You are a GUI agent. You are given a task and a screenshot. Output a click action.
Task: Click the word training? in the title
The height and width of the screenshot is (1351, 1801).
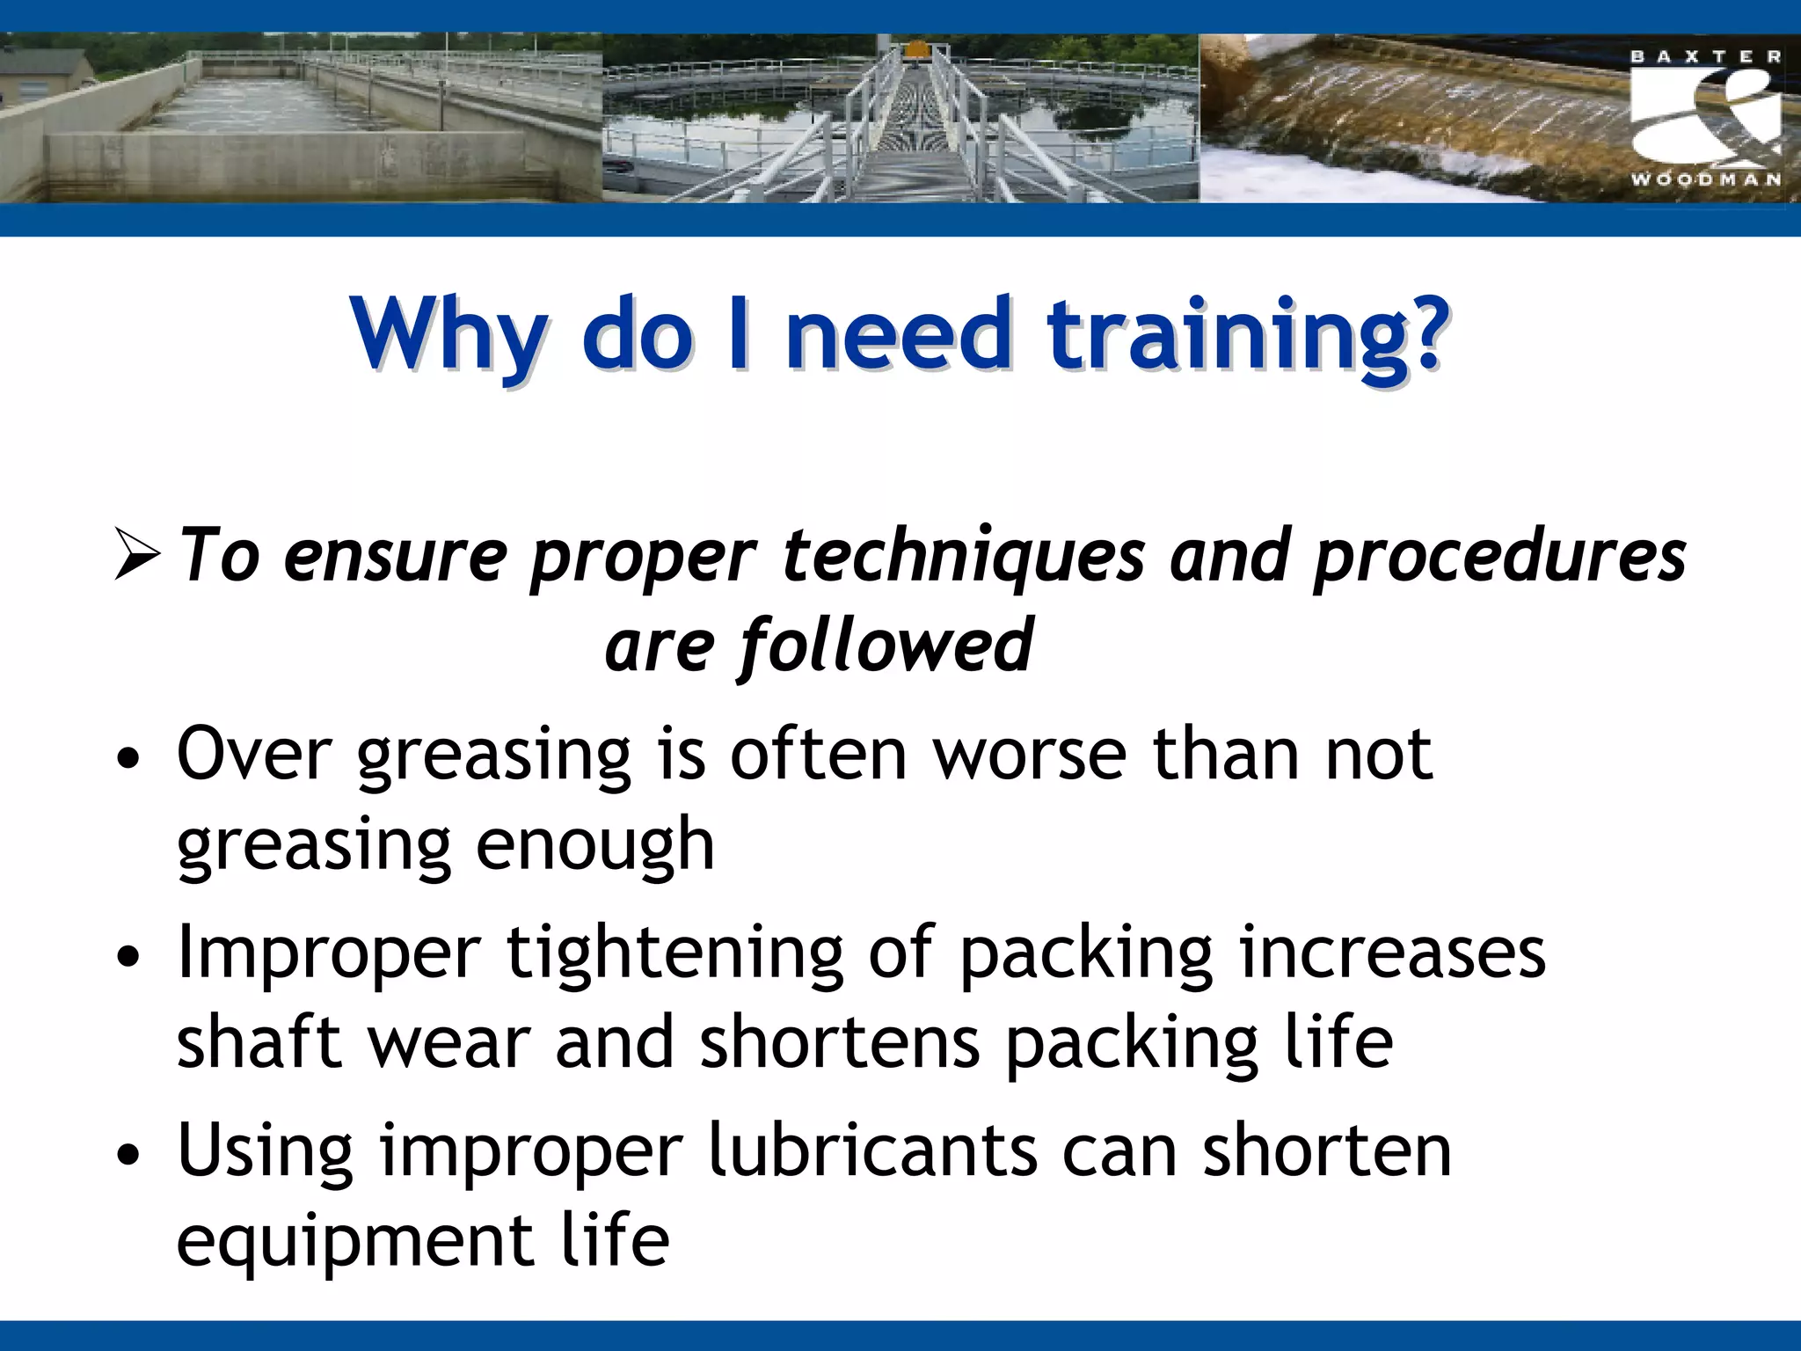1247,336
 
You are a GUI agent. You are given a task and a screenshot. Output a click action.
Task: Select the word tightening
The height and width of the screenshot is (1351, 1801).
674,953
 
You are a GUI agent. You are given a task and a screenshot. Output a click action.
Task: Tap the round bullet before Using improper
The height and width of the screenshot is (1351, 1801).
128,1154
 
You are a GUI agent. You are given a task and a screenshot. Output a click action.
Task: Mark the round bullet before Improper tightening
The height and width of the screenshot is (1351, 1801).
128,957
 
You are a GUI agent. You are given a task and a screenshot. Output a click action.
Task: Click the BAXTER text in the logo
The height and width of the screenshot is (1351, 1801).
1705,57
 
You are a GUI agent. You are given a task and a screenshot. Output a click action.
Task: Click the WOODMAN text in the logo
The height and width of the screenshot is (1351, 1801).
1705,179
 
